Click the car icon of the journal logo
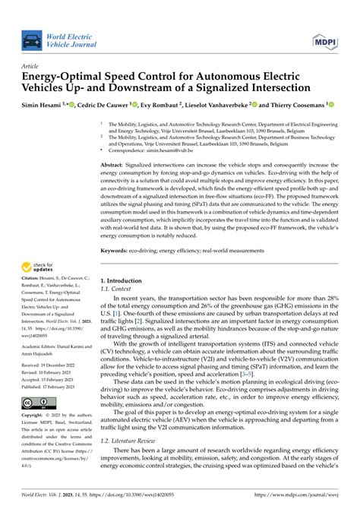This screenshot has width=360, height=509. point(33,40)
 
